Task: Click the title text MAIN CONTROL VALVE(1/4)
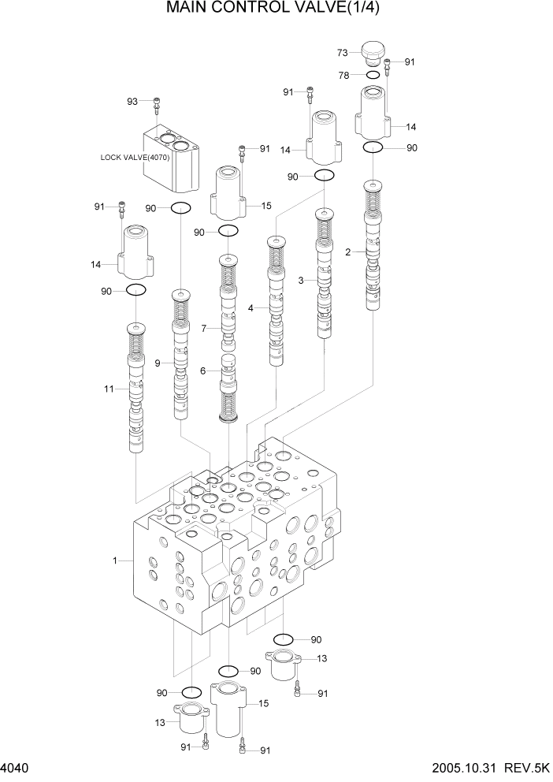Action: click(x=277, y=10)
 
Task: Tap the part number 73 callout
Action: click(x=343, y=53)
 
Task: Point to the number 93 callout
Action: click(x=132, y=101)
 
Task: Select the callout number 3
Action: click(x=300, y=280)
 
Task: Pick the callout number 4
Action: click(x=251, y=308)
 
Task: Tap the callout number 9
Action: click(x=158, y=363)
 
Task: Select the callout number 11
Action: click(x=109, y=389)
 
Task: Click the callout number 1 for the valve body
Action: click(x=115, y=560)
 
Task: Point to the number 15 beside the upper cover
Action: click(x=266, y=206)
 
